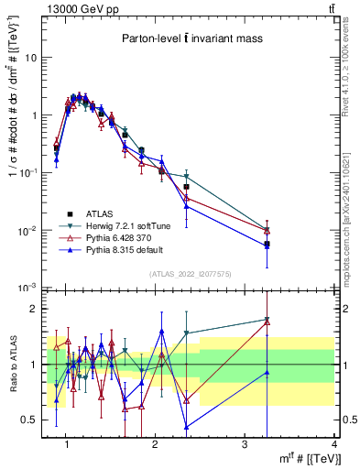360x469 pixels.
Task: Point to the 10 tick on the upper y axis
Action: pyautogui.click(x=32, y=57)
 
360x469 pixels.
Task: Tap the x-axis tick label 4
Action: pyautogui.click(x=334, y=444)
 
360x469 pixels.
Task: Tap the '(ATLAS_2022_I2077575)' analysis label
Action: pyautogui.click(x=190, y=274)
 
